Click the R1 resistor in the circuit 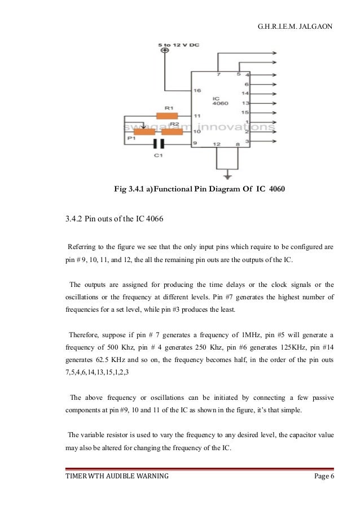tap(167, 116)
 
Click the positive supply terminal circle tap(165, 51)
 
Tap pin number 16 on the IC tap(197, 90)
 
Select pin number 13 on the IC tap(245, 103)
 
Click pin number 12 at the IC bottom tap(216, 145)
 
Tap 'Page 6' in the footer tap(324, 476)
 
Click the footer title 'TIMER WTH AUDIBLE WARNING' tap(117, 476)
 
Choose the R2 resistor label tap(174, 123)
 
